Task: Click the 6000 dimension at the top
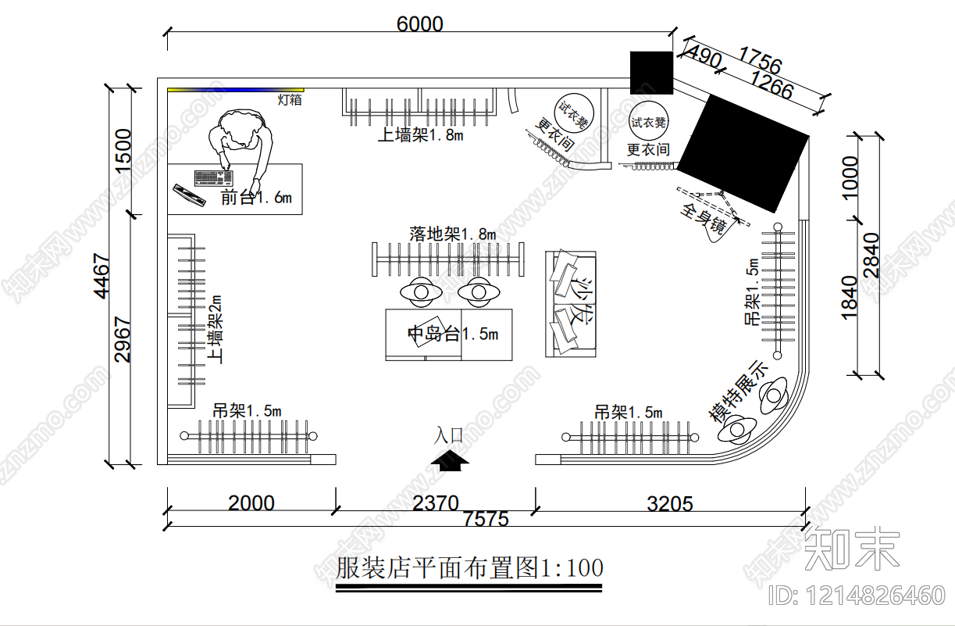click(419, 24)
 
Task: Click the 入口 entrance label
click(449, 435)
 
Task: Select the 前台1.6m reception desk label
click(256, 198)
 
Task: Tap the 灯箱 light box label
click(290, 99)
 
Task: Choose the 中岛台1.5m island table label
click(453, 334)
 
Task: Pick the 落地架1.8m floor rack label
click(452, 234)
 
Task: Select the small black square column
click(651, 72)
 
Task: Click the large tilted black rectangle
click(743, 152)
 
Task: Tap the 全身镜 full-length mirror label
click(705, 220)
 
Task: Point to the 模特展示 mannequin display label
click(739, 390)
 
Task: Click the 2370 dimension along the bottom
click(435, 503)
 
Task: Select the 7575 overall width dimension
click(485, 519)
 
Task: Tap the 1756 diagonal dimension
click(759, 61)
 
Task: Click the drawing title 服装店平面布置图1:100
click(469, 568)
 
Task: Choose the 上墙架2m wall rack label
click(216, 329)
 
